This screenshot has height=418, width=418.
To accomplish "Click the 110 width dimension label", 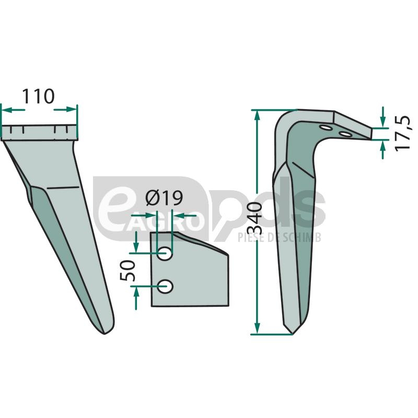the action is pyautogui.click(x=38, y=96).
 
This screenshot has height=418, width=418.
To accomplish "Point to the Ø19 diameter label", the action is pyautogui.click(x=164, y=198).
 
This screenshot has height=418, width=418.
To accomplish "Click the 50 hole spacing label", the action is pyautogui.click(x=127, y=270).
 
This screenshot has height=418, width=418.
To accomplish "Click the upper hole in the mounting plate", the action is pyautogui.click(x=164, y=253).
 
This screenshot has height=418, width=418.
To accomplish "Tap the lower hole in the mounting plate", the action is pyautogui.click(x=165, y=286).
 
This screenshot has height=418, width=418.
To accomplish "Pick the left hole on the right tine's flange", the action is pyautogui.click(x=326, y=128).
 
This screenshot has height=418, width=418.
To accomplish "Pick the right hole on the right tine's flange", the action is pyautogui.click(x=345, y=134).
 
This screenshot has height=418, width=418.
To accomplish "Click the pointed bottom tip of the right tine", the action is pyautogui.click(x=292, y=333).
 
